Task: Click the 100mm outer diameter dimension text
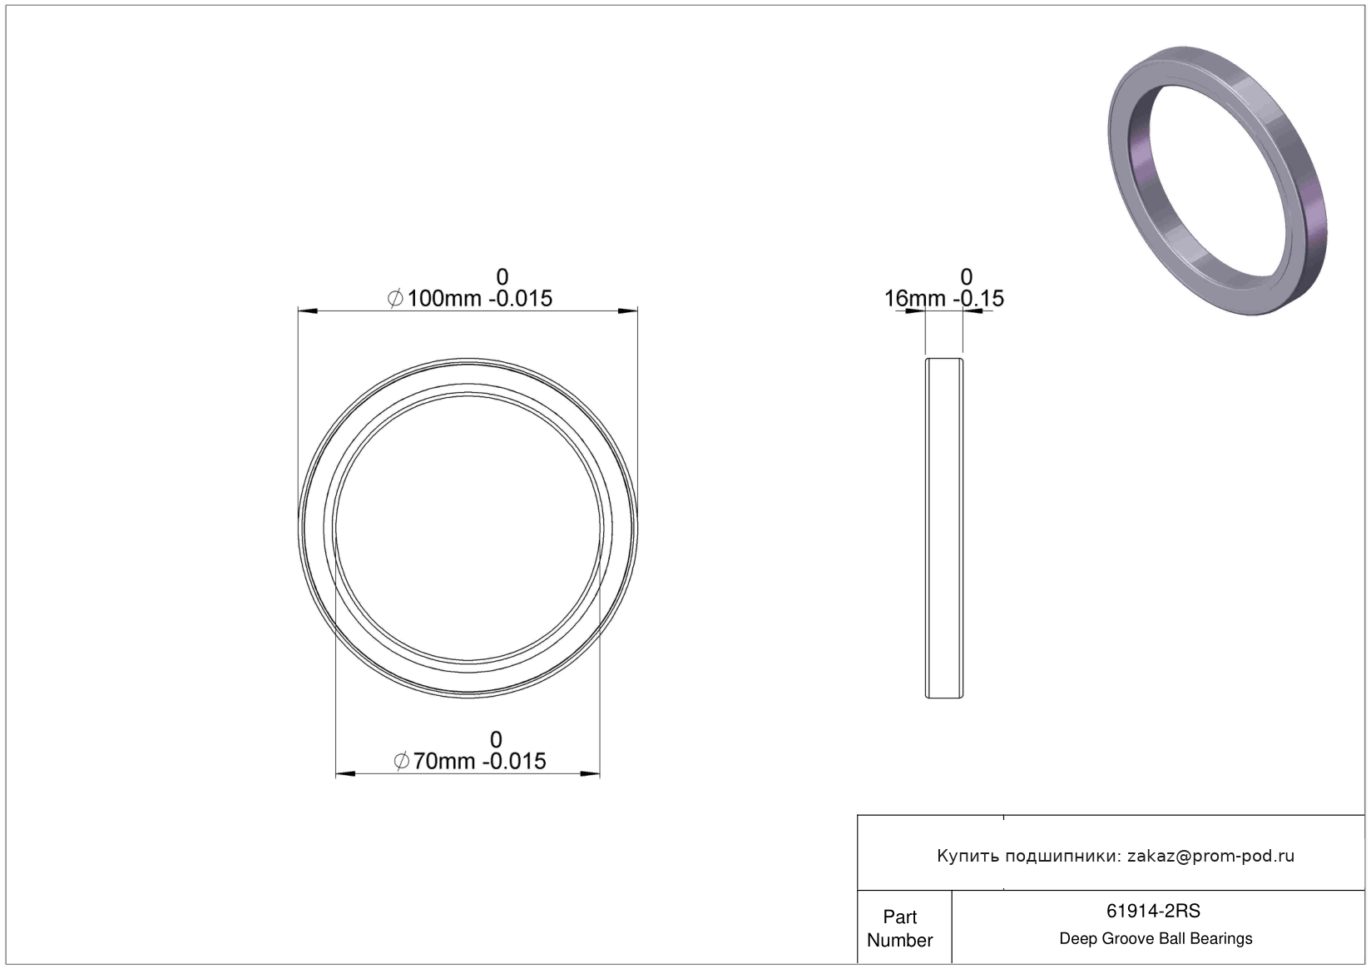point(469,298)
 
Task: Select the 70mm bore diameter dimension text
point(469,761)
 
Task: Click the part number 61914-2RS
point(1153,911)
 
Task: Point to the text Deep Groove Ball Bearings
point(1156,938)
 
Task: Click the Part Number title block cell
point(900,928)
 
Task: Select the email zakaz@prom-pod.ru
point(1210,856)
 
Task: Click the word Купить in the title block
point(968,856)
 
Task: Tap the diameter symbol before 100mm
point(395,299)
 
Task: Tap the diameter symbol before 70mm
point(402,762)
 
